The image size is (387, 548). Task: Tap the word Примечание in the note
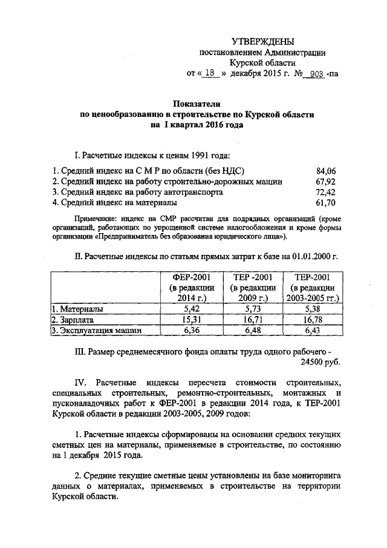click(x=94, y=218)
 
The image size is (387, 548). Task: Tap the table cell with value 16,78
click(x=314, y=319)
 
